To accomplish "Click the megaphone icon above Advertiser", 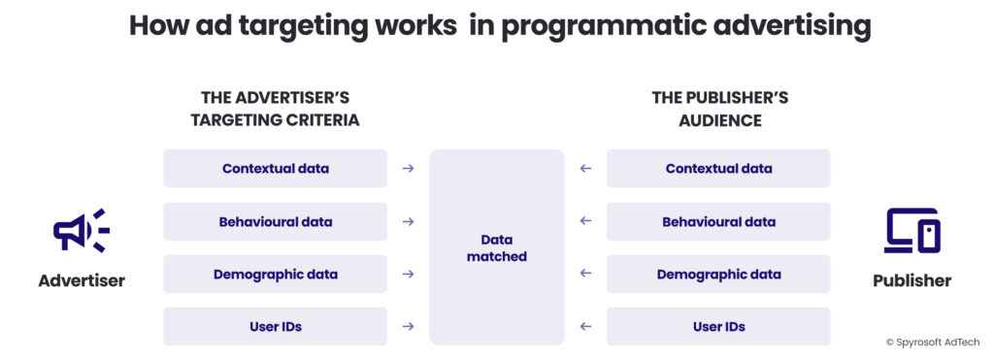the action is click(x=82, y=231).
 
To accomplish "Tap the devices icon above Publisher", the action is click(x=912, y=231).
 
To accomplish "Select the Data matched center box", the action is click(x=496, y=247).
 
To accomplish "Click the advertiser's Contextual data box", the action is click(x=275, y=169).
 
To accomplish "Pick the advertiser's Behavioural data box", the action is click(x=275, y=222).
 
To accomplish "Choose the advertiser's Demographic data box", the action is click(x=275, y=275).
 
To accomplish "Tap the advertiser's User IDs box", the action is click(x=275, y=326).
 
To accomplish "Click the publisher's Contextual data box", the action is click(x=718, y=169).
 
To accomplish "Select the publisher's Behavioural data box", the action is click(x=718, y=222).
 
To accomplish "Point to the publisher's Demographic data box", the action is click(x=718, y=275).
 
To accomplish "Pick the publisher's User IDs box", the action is click(x=718, y=326).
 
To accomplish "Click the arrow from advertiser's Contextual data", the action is click(x=409, y=169).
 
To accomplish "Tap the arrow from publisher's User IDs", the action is click(x=585, y=326).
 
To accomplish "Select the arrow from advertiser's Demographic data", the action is click(x=409, y=274).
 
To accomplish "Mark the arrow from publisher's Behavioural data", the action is click(x=585, y=221).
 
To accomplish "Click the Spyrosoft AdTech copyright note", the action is click(x=932, y=342).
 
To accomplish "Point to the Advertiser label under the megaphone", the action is click(x=82, y=280).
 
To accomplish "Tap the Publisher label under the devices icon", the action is click(x=911, y=280).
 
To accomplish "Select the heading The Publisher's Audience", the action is click(x=719, y=109).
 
